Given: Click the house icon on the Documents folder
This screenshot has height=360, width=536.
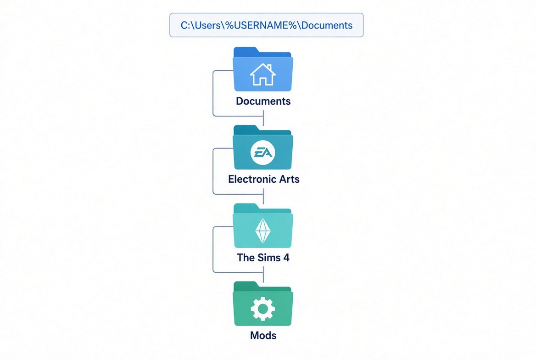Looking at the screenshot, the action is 263,74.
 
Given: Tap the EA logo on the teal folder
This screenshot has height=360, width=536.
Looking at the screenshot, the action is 263,152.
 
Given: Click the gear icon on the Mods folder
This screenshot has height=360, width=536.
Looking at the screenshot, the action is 263,309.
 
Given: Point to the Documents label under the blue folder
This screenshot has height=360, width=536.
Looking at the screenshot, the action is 263,101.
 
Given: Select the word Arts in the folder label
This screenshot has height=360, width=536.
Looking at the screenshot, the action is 289,179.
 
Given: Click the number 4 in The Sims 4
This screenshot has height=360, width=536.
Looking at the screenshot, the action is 286,257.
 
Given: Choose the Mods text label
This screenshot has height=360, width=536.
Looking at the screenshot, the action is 263,335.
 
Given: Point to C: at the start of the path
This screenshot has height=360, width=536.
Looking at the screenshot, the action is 185,25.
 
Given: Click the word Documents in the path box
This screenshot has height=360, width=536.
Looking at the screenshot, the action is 327,25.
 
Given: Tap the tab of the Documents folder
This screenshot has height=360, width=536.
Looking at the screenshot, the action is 246,51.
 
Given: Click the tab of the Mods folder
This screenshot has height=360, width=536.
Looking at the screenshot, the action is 246,286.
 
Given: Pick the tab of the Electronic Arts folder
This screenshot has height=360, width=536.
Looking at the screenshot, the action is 246,129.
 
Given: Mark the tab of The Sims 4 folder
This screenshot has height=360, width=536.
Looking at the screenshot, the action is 246,207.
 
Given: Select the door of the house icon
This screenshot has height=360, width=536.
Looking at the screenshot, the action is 263,81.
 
